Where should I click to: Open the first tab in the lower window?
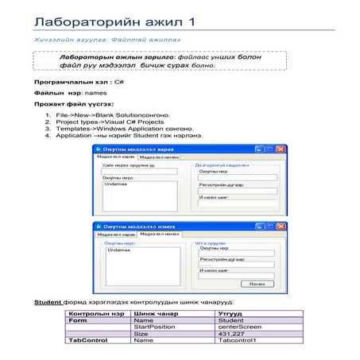tap(116, 235)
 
